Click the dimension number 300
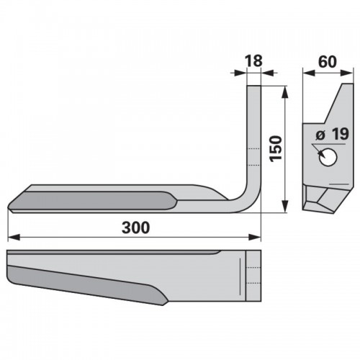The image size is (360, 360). pyautogui.click(x=136, y=228)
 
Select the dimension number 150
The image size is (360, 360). pyautogui.click(x=276, y=149)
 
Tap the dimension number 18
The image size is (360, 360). pyautogui.click(x=253, y=60)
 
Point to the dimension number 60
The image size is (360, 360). pyautogui.click(x=328, y=62)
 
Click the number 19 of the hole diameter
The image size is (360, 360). pyautogui.click(x=341, y=134)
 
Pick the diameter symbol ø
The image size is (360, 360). pyautogui.click(x=320, y=135)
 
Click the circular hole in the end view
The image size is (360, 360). pyautogui.click(x=328, y=157)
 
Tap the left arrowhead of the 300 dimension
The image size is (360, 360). pyautogui.click(x=14, y=238)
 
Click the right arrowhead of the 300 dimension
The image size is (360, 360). pyautogui.click(x=255, y=238)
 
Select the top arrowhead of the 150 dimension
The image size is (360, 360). pyautogui.click(x=284, y=91)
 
